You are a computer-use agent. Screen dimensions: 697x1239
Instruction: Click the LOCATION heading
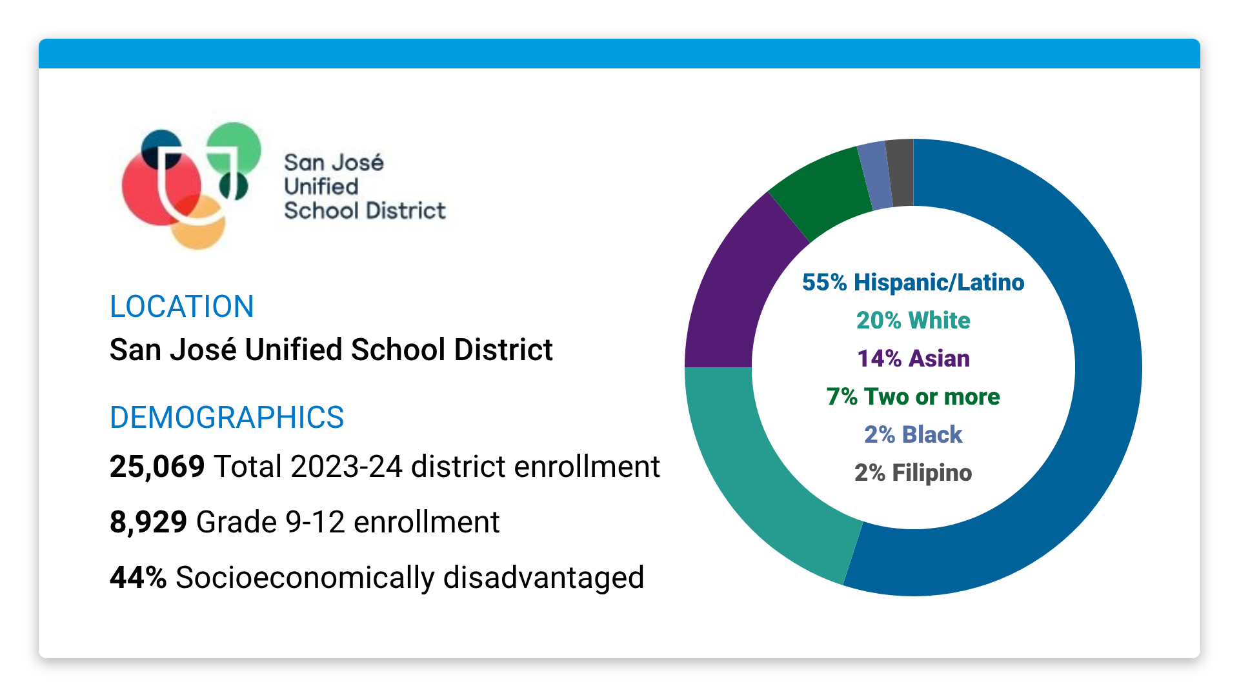(181, 307)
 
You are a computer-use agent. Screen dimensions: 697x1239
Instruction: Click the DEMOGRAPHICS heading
(227, 418)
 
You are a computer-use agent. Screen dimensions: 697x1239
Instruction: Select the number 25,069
(157, 467)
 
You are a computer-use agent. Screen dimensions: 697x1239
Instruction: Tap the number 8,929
(148, 522)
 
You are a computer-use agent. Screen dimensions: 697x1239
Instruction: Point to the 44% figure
(138, 578)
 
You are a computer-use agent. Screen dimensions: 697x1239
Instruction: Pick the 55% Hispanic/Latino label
(912, 283)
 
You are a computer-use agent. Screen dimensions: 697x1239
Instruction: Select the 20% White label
(912, 321)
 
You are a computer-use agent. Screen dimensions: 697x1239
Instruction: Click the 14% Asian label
(912, 359)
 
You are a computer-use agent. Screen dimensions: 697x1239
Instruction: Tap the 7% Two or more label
(912, 397)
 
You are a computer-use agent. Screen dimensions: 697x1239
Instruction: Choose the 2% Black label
(912, 435)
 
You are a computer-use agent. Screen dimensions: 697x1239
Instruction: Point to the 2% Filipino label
(912, 473)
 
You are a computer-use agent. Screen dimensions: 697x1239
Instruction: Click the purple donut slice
(736, 297)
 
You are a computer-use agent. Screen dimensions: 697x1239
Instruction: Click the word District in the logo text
(406, 211)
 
